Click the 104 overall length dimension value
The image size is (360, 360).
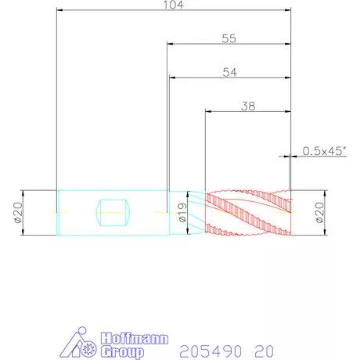[x=174, y=5]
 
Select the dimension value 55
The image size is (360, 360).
[x=229, y=38]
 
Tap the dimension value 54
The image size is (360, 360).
[x=230, y=72]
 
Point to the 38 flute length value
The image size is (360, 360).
[x=248, y=106]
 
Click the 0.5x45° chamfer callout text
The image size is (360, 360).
[x=325, y=151]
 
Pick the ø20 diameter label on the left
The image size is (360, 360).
[x=19, y=213]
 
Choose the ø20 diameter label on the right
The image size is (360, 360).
[x=319, y=213]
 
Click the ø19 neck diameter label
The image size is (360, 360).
[x=182, y=213]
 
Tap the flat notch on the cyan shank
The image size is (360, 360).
[x=113, y=213]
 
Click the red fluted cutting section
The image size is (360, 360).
[x=248, y=213]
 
